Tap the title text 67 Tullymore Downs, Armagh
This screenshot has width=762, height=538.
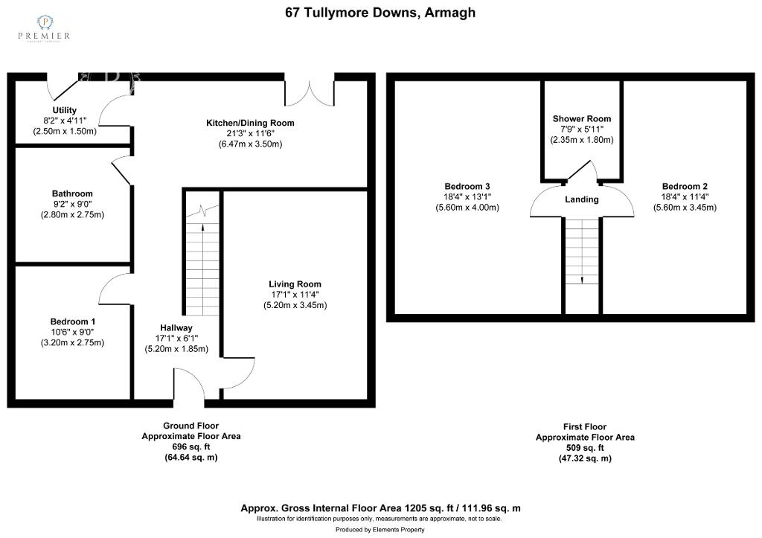click(x=380, y=13)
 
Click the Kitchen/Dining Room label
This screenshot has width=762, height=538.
click(x=250, y=123)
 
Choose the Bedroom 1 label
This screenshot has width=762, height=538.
click(x=68, y=321)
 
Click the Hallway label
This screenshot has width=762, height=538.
click(x=176, y=327)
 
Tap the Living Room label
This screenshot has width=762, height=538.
click(x=295, y=284)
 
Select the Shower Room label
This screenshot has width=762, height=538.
click(x=581, y=119)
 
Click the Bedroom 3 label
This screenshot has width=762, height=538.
click(x=467, y=186)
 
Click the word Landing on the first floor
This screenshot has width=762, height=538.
click(x=581, y=199)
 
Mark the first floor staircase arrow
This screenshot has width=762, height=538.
click(x=581, y=279)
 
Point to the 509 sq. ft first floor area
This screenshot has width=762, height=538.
click(x=585, y=448)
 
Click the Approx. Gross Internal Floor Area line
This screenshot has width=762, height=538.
click(x=380, y=508)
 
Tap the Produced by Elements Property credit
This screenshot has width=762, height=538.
click(x=380, y=530)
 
